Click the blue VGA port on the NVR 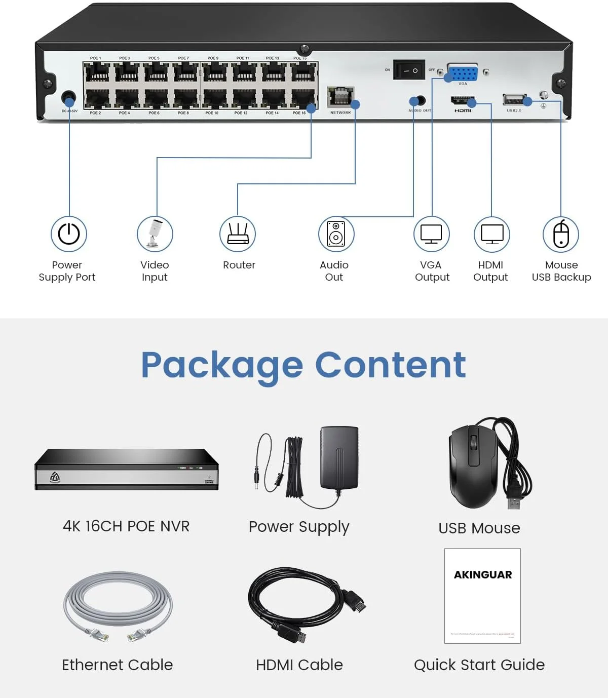tap(463, 73)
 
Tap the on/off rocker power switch tap(410, 70)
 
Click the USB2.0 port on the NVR tap(514, 100)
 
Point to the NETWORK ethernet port tap(340, 97)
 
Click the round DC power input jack tap(68, 97)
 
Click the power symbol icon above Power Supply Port tap(69, 234)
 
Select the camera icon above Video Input tap(155, 234)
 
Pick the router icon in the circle tap(238, 234)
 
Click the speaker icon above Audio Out tap(336, 234)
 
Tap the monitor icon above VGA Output tap(431, 234)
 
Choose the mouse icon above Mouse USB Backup tap(561, 234)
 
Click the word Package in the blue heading tap(222, 366)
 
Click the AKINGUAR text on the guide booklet tap(483, 575)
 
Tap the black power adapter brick tap(339, 458)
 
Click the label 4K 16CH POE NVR tap(126, 526)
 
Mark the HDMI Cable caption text tap(299, 665)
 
